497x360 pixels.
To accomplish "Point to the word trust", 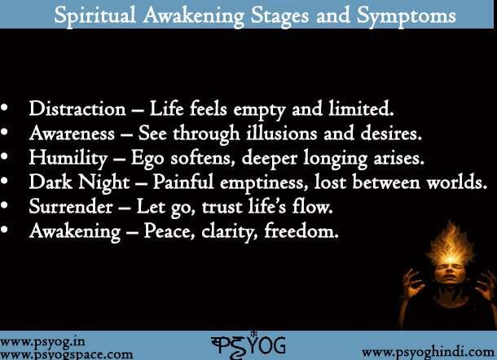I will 214,206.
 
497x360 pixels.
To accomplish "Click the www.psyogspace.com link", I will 67,353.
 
